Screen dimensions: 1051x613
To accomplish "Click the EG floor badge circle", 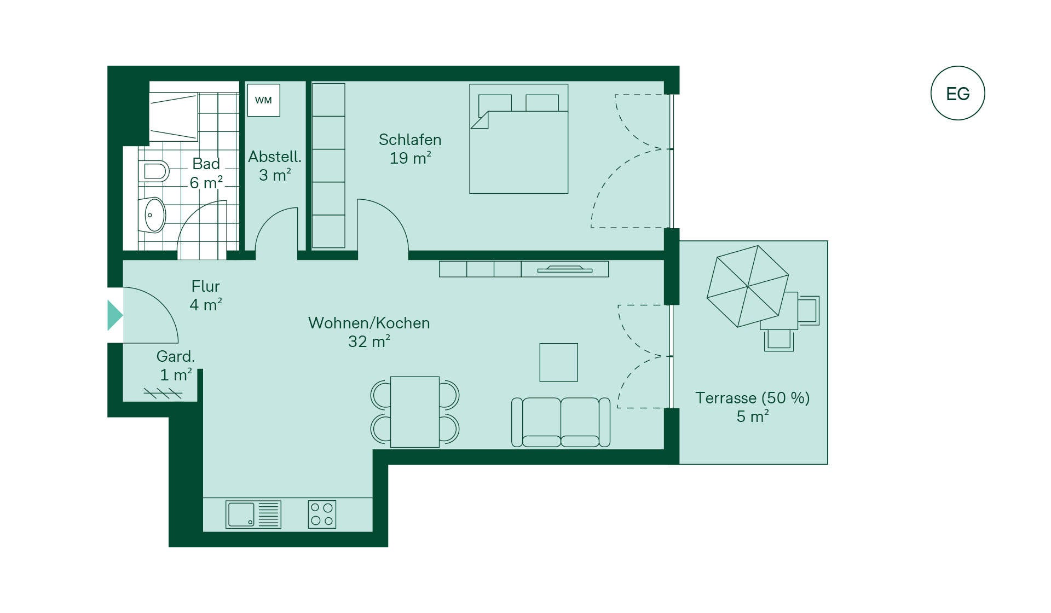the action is coord(957,67).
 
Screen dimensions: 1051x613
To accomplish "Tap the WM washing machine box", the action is coord(264,100).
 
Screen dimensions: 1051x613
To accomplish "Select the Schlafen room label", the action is coord(410,140).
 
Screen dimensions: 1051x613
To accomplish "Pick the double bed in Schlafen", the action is coord(518,138).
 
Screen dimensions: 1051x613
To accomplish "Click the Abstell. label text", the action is coord(275,157).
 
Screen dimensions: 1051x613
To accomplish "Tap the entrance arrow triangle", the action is coord(115,315).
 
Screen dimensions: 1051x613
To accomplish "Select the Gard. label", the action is coord(176,356).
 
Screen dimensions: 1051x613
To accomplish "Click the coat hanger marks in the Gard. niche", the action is coord(163,393).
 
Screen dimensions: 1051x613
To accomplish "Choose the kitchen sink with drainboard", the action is coord(253,514).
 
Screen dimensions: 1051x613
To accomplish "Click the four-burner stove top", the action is coord(322,514).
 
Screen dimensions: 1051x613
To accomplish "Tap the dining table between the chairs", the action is coord(415,412).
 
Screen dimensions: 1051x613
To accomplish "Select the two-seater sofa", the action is coord(561,422).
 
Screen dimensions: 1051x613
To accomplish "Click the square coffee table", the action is coord(558,362).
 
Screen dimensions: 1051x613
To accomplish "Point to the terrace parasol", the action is coord(748,286).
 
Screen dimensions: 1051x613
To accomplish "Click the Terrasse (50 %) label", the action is coord(753,398).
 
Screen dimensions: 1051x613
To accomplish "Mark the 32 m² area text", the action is coord(369,342).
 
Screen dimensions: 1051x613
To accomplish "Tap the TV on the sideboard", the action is coord(565,269).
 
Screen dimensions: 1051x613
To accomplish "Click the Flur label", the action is coord(205,286).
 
